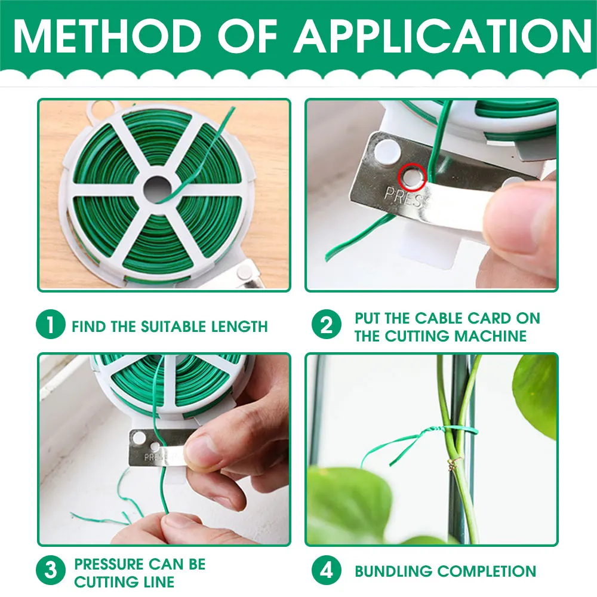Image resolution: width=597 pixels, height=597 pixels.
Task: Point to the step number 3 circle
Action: [x=50, y=570]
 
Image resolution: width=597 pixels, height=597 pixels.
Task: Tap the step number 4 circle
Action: [x=327, y=570]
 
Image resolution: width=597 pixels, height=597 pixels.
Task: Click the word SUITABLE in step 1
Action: [x=173, y=327]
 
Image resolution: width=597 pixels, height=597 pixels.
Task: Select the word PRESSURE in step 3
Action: [x=109, y=564]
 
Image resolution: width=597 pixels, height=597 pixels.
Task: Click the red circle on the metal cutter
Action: [x=412, y=177]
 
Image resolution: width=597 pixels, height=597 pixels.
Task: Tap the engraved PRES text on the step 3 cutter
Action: [x=154, y=457]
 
